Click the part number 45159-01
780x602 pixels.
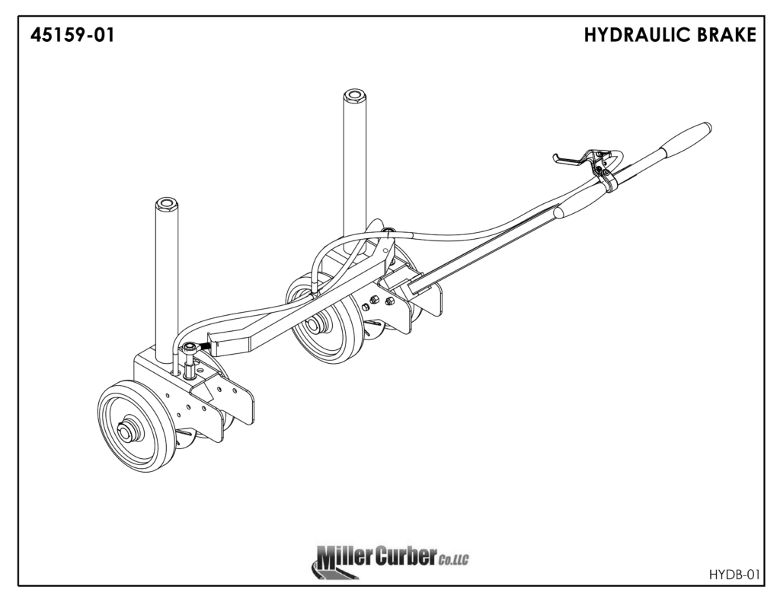point(73,35)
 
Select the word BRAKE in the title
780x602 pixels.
point(727,35)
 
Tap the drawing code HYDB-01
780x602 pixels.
point(734,573)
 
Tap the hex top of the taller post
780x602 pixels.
point(353,97)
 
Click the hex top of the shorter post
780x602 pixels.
point(166,204)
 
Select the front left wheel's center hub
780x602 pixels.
point(126,432)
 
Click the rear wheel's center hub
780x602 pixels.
point(313,325)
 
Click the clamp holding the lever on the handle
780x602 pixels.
point(606,180)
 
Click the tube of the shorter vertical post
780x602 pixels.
point(166,282)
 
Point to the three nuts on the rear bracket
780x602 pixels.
point(376,304)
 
